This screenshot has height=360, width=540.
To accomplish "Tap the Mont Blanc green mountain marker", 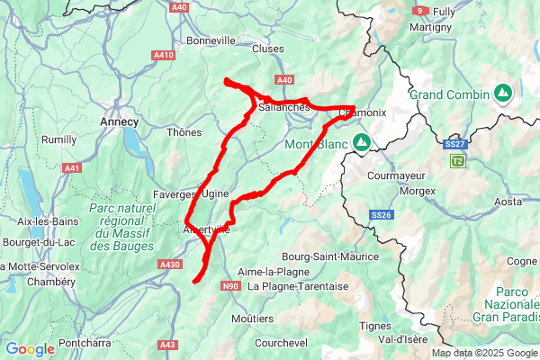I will (362, 142).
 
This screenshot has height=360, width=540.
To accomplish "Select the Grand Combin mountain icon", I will (502, 94).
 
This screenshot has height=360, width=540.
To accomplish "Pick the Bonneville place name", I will (211, 40).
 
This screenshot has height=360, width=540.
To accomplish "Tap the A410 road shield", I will (164, 55).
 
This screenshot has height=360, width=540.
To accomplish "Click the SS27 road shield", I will (454, 144).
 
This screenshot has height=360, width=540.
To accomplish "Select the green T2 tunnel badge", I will (459, 160).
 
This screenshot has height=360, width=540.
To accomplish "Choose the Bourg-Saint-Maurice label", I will (329, 256).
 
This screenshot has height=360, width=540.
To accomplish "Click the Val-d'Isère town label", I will (401, 340).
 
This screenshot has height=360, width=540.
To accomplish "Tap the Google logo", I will (30, 349).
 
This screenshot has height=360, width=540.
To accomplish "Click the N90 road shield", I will (230, 286).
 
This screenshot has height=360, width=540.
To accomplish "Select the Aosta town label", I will (508, 202).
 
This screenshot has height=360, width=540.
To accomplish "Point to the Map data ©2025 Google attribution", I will (483, 354).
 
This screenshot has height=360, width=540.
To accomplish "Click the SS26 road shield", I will (382, 215).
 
